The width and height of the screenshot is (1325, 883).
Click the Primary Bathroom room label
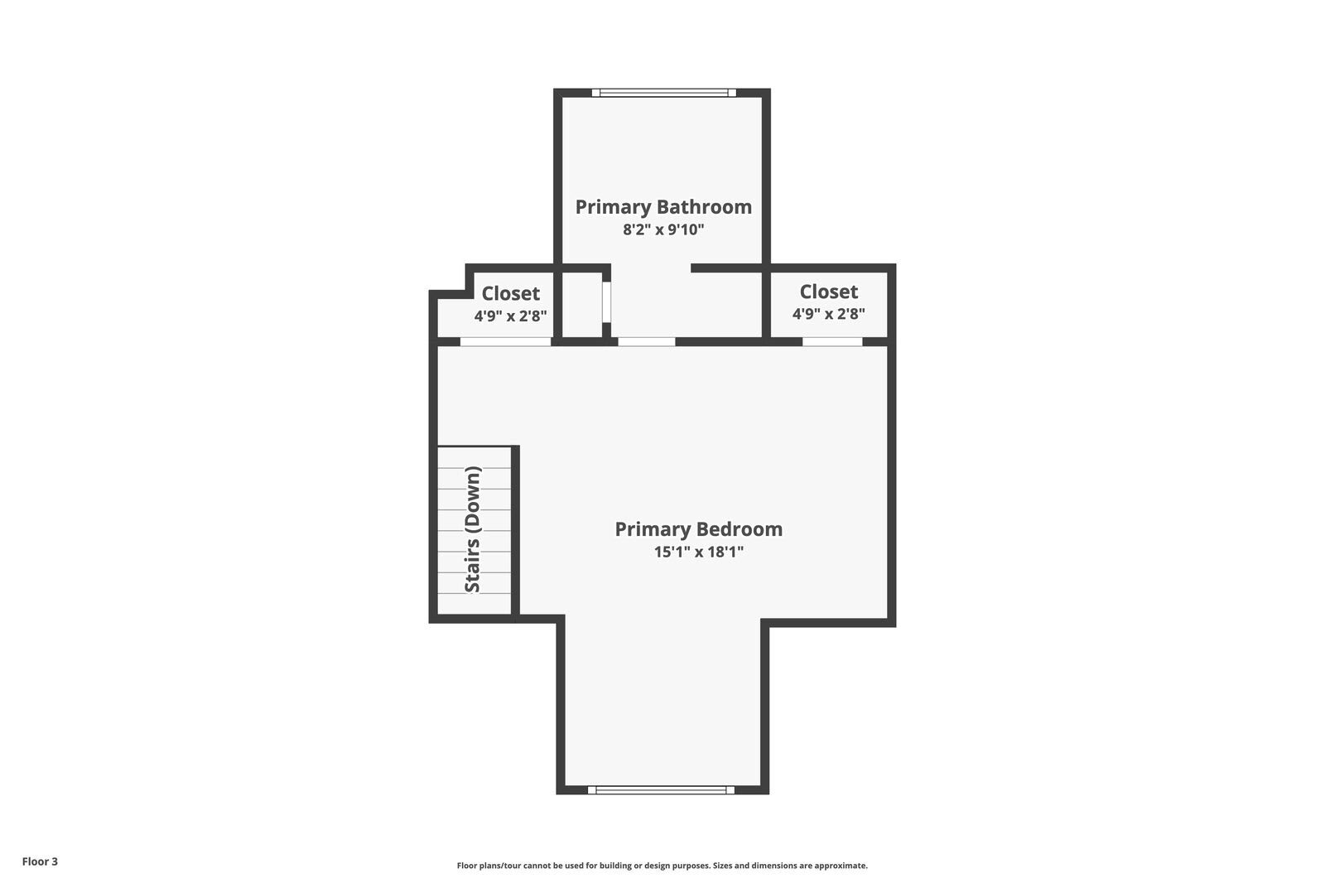663,207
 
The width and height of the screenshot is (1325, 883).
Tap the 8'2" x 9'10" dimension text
663,229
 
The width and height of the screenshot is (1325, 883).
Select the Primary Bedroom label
698,529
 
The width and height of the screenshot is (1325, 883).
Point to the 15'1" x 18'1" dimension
698,552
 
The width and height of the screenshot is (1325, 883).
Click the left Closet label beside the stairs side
510,293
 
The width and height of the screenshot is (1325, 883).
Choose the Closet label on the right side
828,292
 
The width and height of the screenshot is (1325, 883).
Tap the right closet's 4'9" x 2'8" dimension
828,314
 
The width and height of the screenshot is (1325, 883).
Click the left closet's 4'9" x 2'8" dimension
510,316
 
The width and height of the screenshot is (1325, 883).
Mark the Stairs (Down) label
473,529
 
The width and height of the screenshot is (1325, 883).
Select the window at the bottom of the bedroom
661,790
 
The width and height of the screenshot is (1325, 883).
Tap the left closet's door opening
505,341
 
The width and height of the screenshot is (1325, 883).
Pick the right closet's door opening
831,341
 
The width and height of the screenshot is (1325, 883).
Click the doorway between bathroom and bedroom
646,341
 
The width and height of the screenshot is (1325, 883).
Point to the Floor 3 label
40,861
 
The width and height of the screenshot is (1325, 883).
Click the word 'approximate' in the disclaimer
841,866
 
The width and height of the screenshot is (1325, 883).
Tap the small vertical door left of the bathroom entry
606,302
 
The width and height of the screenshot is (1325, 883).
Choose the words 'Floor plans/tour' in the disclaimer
489,866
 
